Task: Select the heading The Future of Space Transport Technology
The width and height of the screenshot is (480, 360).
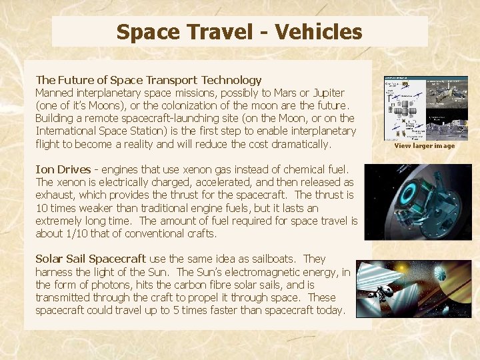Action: [x=149, y=80]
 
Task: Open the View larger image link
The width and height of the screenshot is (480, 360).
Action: [x=424, y=146]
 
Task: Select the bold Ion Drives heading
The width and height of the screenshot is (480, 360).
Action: [x=63, y=169]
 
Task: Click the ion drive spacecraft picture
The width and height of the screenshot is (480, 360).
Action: [x=418, y=201]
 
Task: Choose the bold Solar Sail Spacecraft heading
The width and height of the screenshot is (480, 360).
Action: [x=91, y=259]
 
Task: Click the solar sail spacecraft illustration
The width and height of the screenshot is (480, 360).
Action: [x=413, y=289]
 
